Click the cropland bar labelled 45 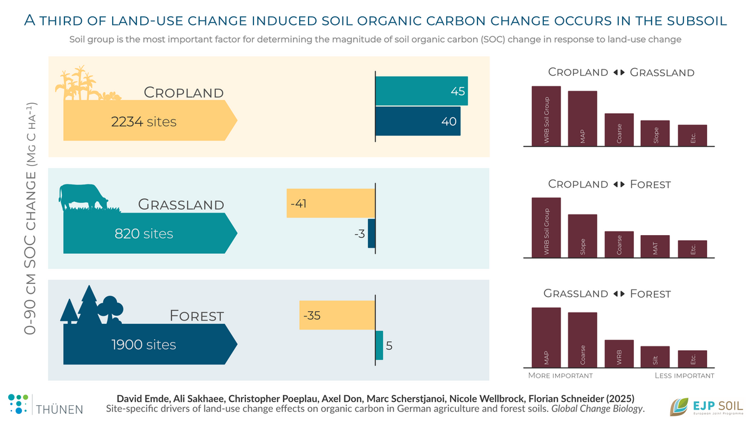421,91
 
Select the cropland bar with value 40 417,121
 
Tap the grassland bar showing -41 330,203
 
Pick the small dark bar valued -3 371,233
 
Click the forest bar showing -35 337,316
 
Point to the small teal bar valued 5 379,345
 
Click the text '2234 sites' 144,122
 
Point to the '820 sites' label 144,234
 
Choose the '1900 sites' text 144,344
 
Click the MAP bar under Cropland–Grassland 583,119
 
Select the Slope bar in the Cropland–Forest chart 583,235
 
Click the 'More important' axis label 560,376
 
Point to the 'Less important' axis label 684,376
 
